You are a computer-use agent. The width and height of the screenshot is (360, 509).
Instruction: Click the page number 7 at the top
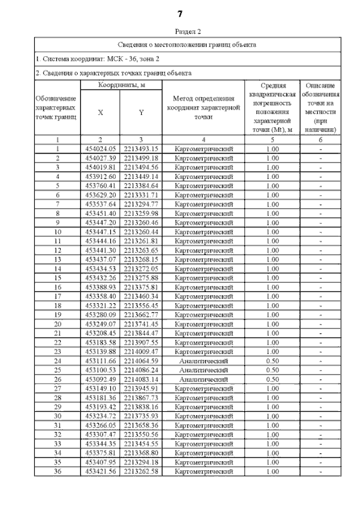click(x=180, y=13)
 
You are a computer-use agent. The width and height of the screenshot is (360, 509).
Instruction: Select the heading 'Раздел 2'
click(x=180, y=32)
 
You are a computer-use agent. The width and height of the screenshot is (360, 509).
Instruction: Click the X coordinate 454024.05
click(x=101, y=148)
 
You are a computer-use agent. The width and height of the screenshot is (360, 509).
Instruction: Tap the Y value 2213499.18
click(x=141, y=158)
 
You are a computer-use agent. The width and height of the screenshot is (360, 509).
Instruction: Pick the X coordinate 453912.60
click(x=101, y=176)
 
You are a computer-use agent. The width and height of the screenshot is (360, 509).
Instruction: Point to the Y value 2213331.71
click(x=141, y=195)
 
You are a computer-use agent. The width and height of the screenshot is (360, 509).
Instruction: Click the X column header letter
click(x=101, y=112)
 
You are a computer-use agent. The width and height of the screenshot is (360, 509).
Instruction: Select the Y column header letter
click(x=141, y=112)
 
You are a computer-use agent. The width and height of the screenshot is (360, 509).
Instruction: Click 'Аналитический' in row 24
click(x=203, y=361)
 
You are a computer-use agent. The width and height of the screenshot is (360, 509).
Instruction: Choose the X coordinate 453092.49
click(x=101, y=379)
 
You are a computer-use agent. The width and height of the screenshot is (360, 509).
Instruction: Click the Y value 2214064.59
click(x=141, y=361)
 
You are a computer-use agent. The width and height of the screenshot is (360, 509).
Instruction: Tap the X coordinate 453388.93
click(x=101, y=287)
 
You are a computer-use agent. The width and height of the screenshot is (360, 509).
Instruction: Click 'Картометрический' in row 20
click(x=203, y=324)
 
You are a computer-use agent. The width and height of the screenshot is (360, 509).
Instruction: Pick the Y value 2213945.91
click(x=141, y=388)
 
